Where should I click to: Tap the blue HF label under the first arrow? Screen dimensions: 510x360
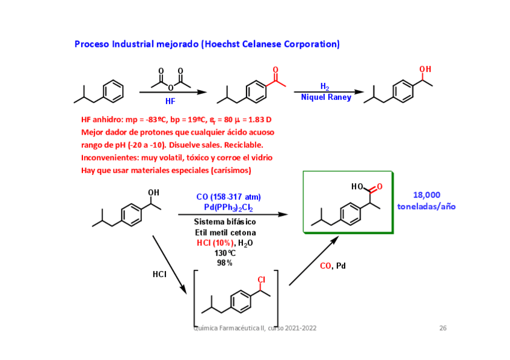point(170,102)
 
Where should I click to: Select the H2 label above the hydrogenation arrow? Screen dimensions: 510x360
point(325,87)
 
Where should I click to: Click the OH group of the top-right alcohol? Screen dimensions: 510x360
point(425,70)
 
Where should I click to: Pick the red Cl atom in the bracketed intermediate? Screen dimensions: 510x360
point(261,280)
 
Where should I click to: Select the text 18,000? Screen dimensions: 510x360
point(426,195)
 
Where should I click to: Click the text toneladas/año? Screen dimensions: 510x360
point(426,206)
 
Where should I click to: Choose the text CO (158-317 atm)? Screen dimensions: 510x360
point(229,197)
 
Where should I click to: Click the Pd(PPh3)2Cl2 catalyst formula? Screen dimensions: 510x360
point(229,208)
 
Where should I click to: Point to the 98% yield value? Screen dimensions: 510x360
point(225,263)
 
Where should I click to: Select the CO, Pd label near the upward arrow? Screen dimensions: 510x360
point(333,266)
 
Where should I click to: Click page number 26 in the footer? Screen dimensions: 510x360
point(443,328)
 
